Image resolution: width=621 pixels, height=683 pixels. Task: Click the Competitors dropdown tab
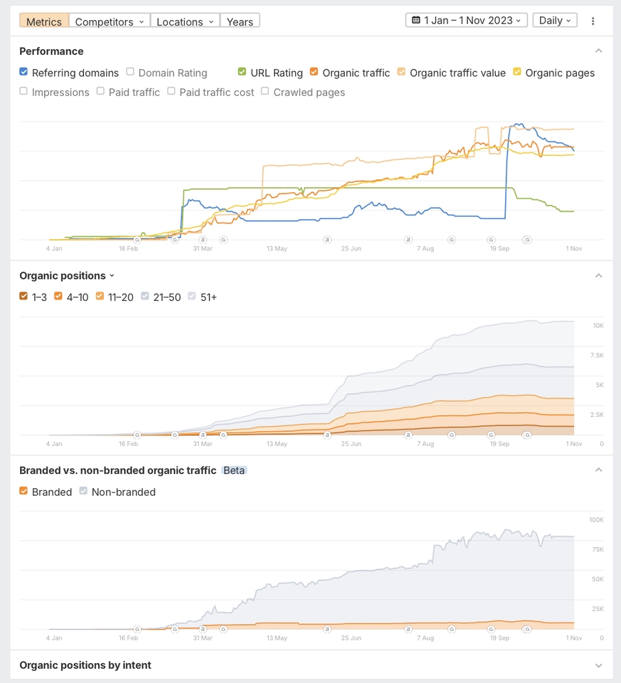(110, 21)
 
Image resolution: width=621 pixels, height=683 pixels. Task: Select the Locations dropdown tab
(185, 21)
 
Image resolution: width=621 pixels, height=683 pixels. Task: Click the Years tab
(240, 21)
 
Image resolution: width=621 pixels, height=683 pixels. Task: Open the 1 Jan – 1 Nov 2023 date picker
(467, 21)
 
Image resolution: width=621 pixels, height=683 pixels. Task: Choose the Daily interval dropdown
(555, 21)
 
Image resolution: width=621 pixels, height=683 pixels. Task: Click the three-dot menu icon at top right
(593, 21)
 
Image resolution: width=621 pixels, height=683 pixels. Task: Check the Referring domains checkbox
(23, 72)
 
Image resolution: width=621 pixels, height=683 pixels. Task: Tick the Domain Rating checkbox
(130, 72)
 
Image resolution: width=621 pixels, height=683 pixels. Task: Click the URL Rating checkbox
(243, 72)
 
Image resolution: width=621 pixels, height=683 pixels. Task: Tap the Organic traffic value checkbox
(402, 72)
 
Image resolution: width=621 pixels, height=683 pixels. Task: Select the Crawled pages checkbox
(265, 91)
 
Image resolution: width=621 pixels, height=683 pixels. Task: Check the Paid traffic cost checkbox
(171, 91)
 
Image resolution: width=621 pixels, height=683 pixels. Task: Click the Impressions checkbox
(23, 91)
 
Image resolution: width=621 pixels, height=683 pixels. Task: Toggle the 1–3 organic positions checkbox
(23, 296)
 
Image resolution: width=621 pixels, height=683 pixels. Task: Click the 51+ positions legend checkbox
(192, 296)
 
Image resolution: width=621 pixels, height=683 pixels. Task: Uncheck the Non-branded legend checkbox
(83, 491)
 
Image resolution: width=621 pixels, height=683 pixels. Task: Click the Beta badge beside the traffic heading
(234, 470)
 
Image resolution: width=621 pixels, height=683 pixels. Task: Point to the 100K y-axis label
(596, 520)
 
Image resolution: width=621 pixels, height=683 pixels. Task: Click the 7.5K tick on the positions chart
(597, 355)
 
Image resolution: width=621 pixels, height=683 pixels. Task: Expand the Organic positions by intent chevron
(598, 665)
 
